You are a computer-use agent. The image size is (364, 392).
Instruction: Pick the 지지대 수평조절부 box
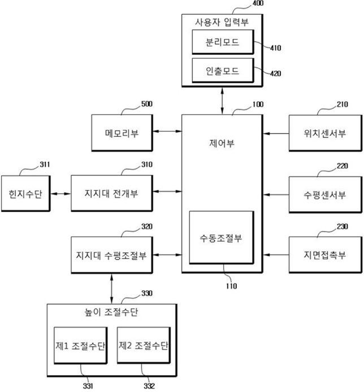[x=114, y=255]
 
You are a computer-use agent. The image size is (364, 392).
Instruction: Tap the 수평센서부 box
[x=320, y=194]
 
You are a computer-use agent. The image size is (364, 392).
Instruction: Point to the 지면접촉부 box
[x=320, y=255]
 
